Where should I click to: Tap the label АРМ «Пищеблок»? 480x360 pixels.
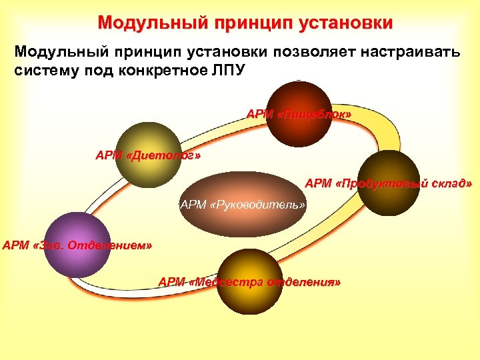pyautogui.click(x=299, y=115)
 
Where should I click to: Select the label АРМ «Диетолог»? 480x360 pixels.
pyautogui.click(x=147, y=156)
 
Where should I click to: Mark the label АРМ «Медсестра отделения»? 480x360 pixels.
pyautogui.click(x=249, y=282)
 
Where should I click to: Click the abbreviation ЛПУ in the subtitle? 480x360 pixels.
pyautogui.click(x=227, y=71)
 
